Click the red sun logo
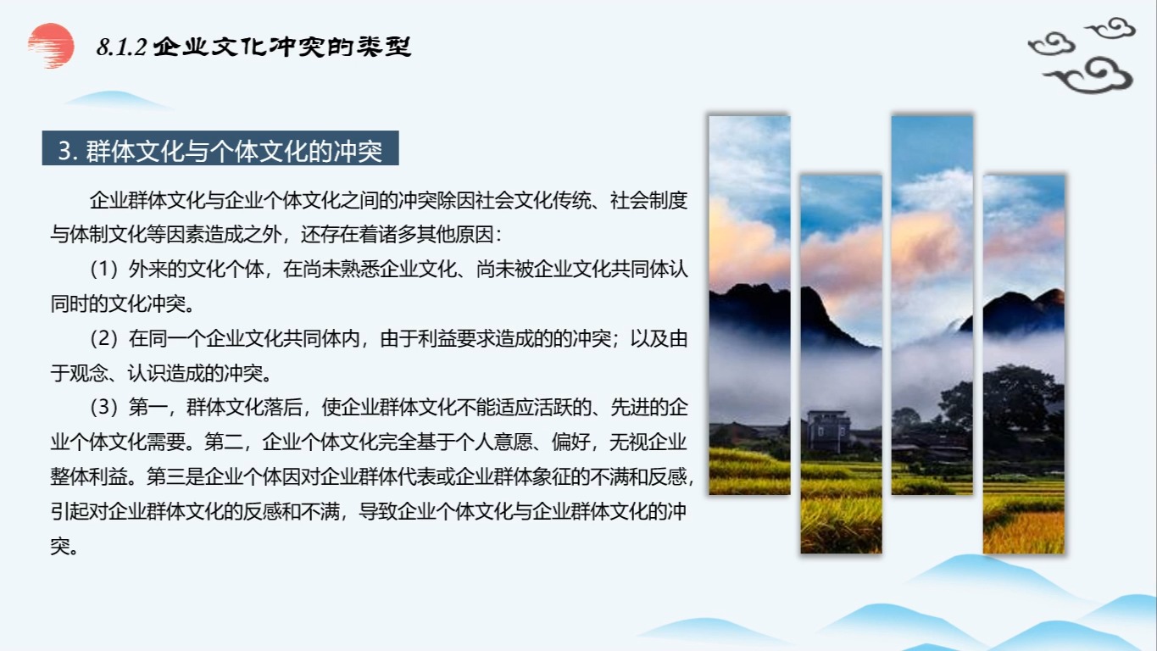pyautogui.click(x=51, y=44)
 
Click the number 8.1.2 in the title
pyautogui.click(x=122, y=47)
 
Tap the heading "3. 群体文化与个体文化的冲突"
pyautogui.click(x=220, y=151)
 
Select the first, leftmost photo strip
pyautogui.click(x=749, y=305)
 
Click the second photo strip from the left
pyautogui.click(x=841, y=364)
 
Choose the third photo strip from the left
pyautogui.click(x=932, y=305)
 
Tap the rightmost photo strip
pyautogui.click(x=1023, y=364)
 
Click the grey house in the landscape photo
pyautogui.click(x=828, y=431)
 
